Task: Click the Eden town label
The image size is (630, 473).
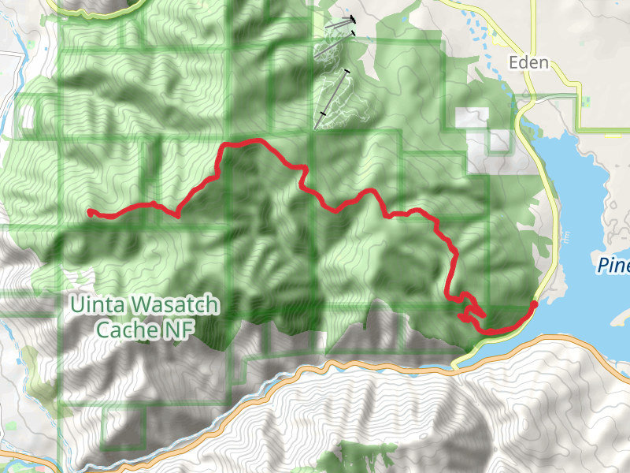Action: click(528, 63)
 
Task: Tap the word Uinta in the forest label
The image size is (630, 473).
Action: click(95, 304)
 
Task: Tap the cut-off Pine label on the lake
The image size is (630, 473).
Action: click(613, 265)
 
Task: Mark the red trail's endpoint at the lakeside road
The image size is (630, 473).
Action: click(535, 304)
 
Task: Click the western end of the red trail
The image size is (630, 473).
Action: click(90, 211)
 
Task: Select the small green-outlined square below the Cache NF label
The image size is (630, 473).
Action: click(135, 425)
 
